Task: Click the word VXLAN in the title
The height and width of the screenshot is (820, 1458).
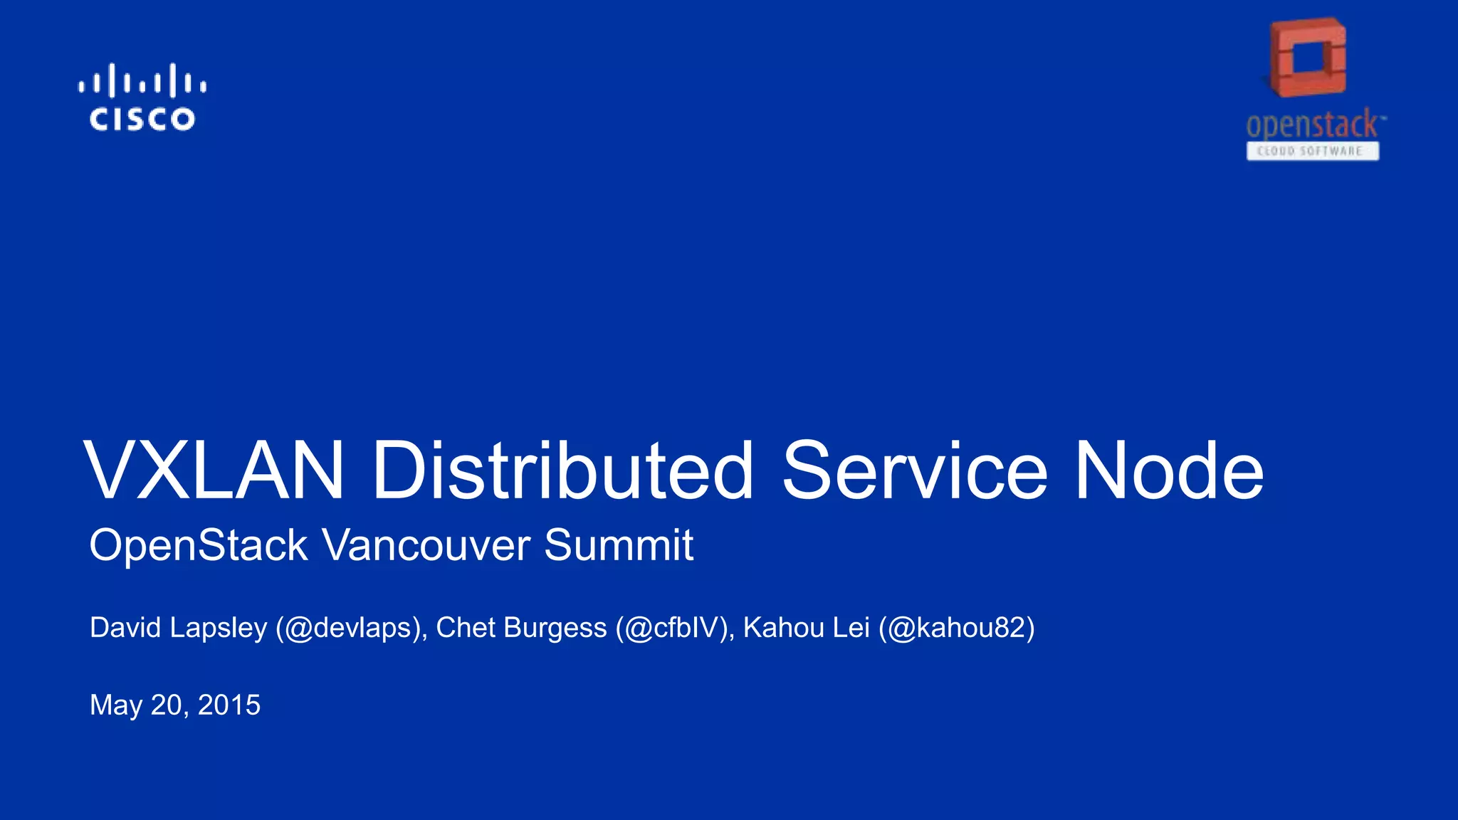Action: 214,471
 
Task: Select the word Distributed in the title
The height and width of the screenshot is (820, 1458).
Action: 562,471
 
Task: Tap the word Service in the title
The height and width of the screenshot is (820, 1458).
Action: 915,471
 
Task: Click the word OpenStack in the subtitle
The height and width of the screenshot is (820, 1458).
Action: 199,546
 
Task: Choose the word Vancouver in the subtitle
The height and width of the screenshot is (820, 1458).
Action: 426,546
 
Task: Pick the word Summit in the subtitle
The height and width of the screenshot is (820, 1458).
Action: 619,546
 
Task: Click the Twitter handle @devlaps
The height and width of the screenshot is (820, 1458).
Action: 350,628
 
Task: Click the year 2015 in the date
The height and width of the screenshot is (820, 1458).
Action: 229,705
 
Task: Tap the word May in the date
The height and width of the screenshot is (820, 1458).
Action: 116,705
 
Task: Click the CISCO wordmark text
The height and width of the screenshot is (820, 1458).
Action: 142,120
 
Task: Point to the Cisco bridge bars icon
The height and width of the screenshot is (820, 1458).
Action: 142,80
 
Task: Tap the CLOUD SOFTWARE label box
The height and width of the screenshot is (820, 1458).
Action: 1312,151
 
